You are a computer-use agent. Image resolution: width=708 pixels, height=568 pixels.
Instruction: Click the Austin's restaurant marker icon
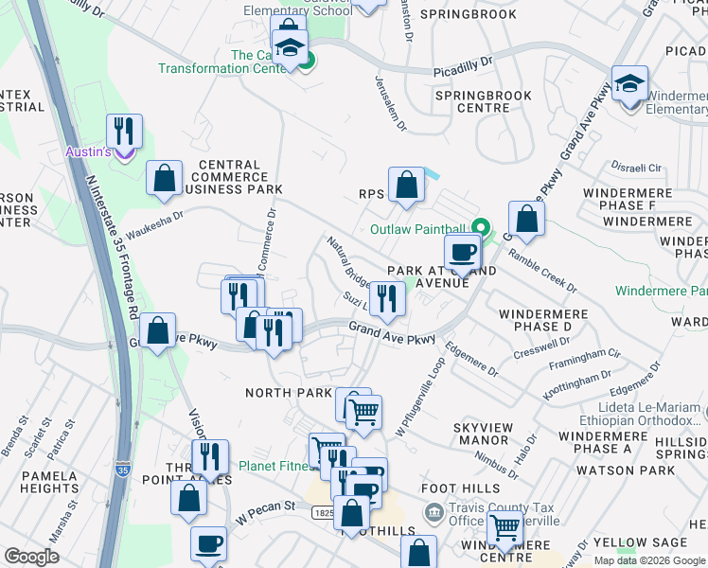(124, 132)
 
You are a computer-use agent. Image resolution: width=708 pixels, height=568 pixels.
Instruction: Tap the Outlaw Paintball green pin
(481, 227)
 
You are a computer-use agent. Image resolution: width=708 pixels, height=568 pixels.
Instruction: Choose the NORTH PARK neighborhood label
(288, 393)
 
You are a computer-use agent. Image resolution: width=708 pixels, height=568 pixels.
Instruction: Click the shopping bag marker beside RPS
(406, 186)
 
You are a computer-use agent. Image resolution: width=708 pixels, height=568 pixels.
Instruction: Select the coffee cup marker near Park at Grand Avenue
(463, 253)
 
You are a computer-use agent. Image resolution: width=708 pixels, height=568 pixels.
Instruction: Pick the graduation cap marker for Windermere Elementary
(629, 84)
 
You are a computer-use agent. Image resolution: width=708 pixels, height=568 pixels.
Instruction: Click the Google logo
(32, 557)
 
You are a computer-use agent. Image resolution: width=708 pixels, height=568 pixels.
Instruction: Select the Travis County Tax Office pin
(434, 514)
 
